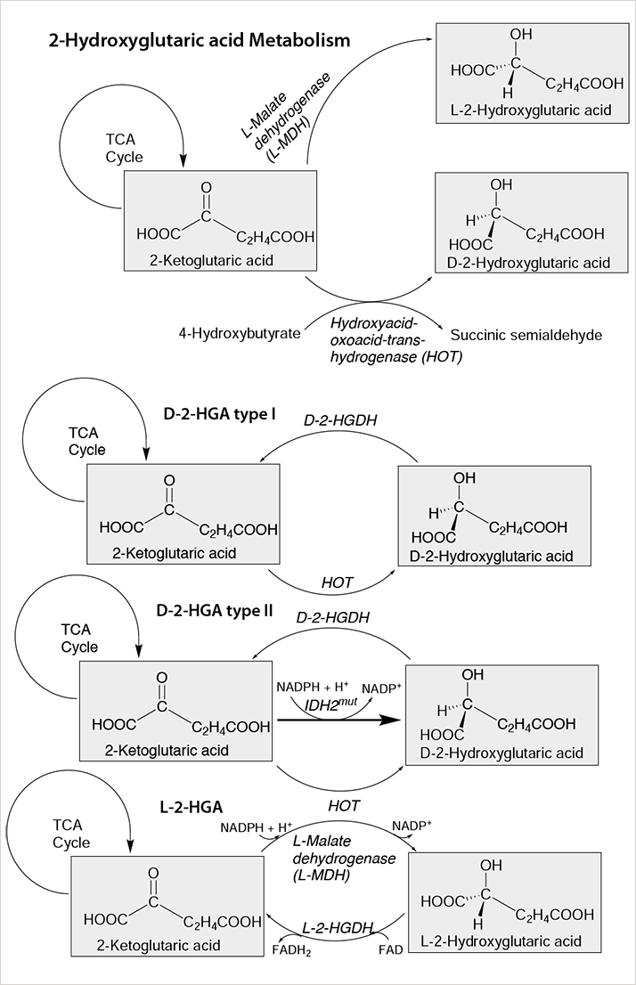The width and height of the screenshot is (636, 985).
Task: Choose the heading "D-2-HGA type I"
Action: point(219,414)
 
